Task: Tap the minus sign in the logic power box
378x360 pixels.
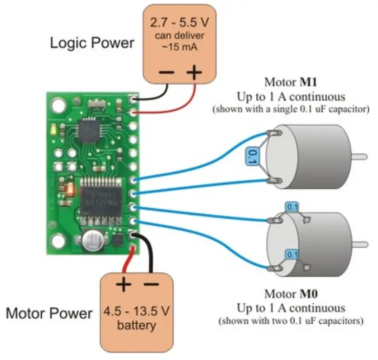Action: tap(167, 72)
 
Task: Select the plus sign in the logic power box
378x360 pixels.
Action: tap(195, 72)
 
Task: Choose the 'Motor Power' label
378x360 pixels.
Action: tap(49, 313)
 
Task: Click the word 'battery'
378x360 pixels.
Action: tap(137, 325)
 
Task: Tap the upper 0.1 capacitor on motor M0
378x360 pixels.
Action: tap(292, 206)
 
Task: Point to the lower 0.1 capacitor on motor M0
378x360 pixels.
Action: tap(292, 254)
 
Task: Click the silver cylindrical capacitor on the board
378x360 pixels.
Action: tap(93, 241)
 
